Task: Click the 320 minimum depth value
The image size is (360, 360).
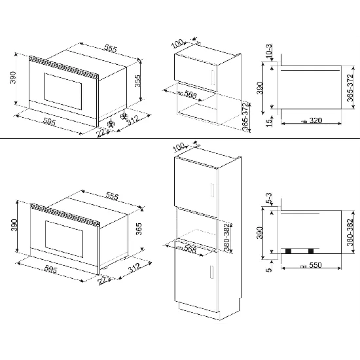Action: click(315, 121)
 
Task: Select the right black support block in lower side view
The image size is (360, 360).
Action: click(310, 251)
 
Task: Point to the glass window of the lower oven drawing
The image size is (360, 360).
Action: click(62, 235)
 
